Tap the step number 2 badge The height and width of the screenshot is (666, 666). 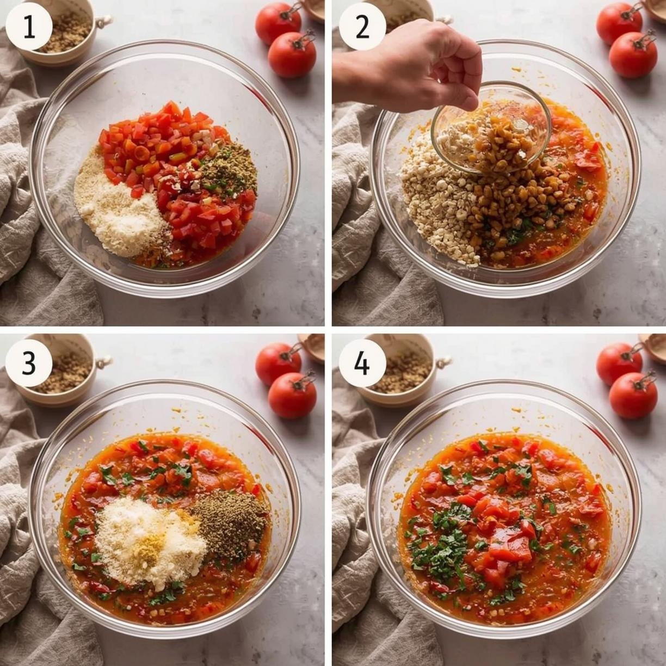tap(362, 27)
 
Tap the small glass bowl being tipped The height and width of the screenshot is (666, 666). tap(491, 128)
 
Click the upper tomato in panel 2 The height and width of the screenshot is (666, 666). tap(619, 24)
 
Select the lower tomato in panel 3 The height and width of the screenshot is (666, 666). tap(292, 396)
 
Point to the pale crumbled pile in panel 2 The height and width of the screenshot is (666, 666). tap(439, 197)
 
